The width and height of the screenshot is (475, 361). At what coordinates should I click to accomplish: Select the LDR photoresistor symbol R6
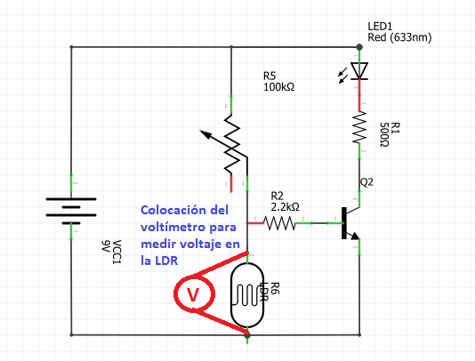(248, 290)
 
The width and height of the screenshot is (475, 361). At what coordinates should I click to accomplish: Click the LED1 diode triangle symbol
(359, 70)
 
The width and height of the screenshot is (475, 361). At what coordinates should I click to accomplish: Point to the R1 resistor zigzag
(359, 131)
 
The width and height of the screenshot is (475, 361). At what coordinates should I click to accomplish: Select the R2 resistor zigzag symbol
(280, 221)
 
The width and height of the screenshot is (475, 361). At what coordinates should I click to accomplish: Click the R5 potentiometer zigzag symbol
(231, 143)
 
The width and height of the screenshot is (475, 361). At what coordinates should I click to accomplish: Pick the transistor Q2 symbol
(349, 223)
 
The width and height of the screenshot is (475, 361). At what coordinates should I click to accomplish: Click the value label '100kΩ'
(279, 88)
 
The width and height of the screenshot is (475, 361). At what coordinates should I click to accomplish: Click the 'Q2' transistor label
(367, 183)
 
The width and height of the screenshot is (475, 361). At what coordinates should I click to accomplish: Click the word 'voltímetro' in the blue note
(172, 228)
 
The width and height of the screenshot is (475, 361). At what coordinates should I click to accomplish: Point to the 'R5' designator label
(270, 76)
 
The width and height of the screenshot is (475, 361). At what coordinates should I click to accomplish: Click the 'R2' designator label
(277, 194)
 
